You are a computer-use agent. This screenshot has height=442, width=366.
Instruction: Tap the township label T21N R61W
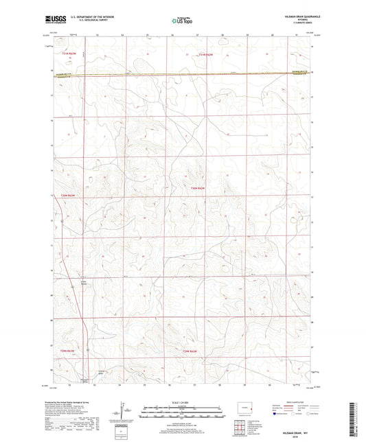tap(207, 53)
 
